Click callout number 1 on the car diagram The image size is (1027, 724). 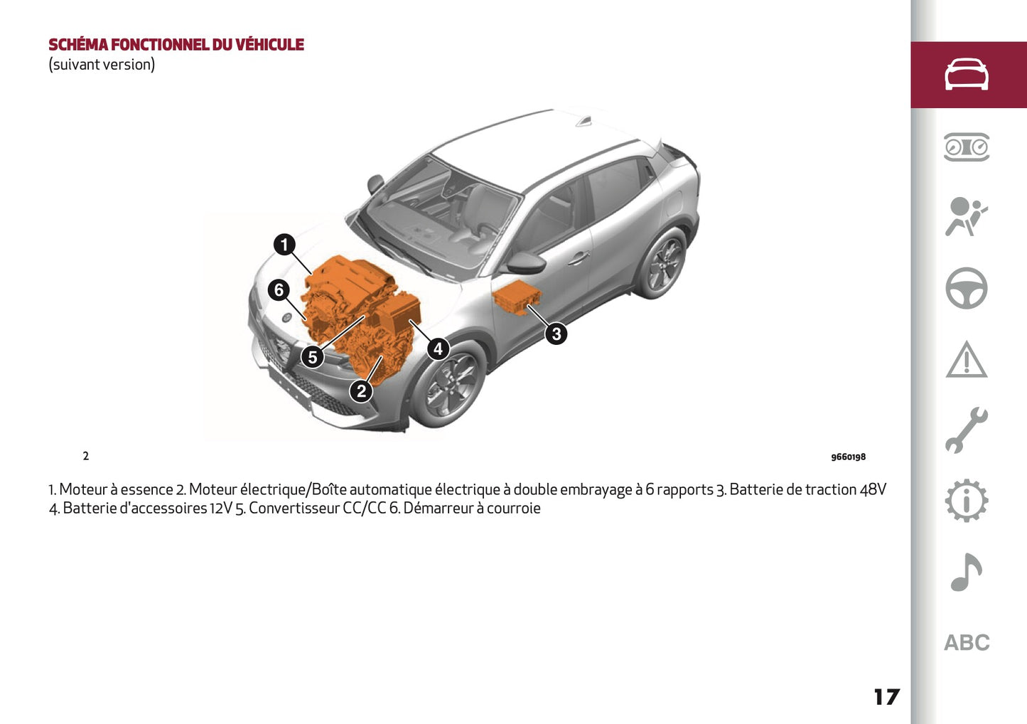point(284,245)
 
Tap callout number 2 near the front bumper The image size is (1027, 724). point(361,390)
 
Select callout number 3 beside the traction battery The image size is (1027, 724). point(556,333)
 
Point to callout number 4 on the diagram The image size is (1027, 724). point(438,348)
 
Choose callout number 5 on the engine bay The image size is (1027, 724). point(312,357)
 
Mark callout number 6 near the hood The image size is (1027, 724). point(279,290)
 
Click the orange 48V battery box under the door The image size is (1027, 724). point(517,297)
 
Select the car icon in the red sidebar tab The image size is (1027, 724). point(966,75)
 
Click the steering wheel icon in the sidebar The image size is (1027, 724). point(966,288)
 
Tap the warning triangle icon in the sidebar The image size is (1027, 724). point(966,360)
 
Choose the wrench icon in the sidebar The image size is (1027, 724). point(966,430)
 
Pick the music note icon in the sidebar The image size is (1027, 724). point(966,572)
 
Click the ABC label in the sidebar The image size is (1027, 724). point(967,643)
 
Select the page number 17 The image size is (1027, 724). point(886,697)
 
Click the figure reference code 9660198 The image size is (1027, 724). point(848,457)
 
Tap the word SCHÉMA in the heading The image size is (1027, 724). point(78,45)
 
